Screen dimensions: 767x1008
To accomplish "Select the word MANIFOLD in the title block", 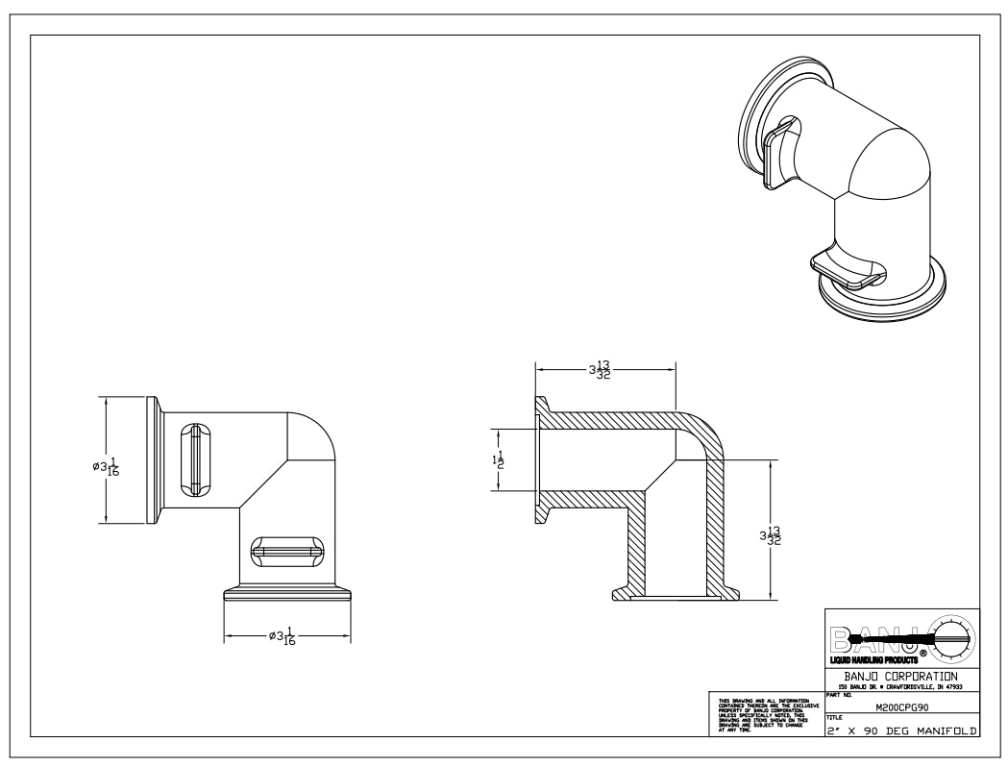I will [x=946, y=730].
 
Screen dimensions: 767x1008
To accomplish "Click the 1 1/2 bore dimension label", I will [x=497, y=460].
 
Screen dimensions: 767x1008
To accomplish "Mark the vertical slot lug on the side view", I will [x=196, y=460].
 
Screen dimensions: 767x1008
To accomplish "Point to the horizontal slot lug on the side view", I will [x=287, y=551].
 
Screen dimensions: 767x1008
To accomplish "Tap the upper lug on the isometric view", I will [x=780, y=154].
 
